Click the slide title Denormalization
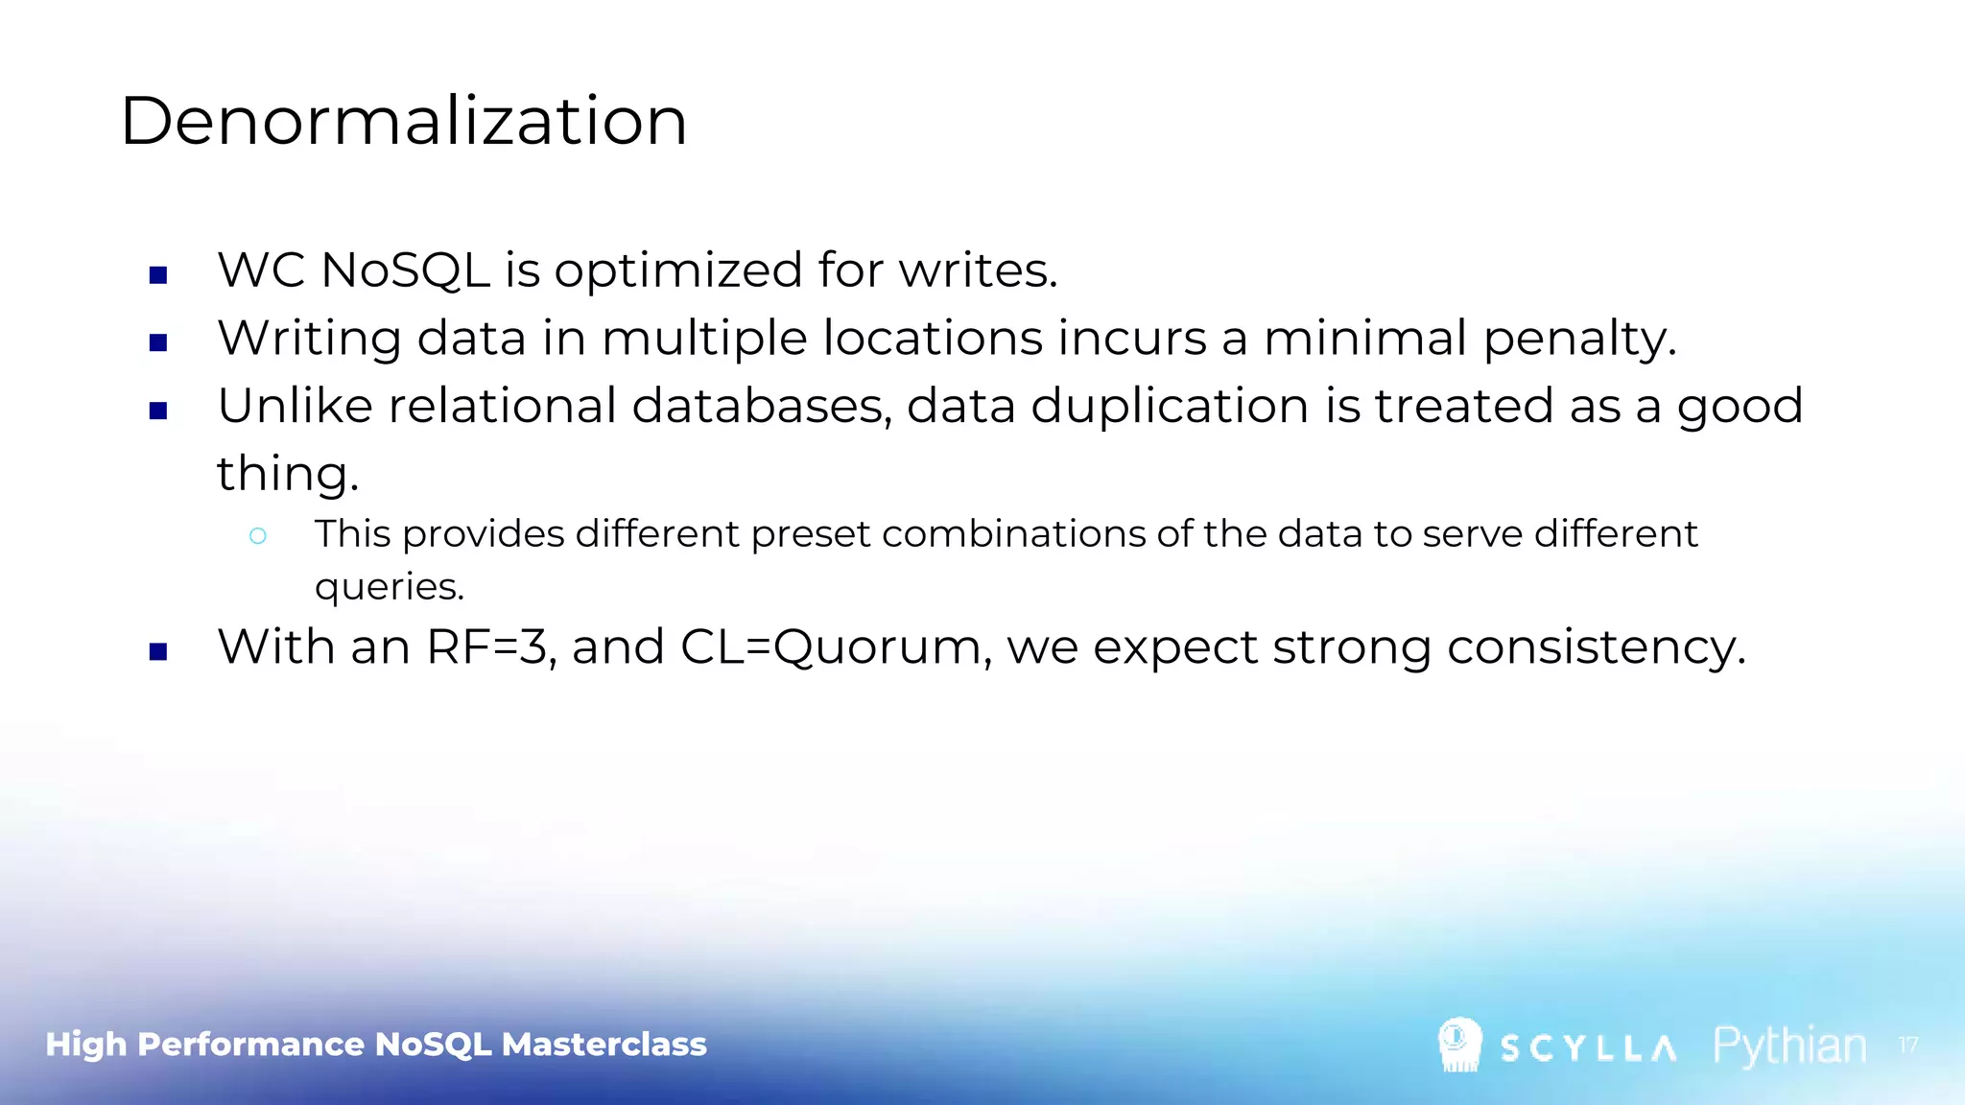point(403,122)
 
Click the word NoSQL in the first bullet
point(405,270)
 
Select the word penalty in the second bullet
point(1579,339)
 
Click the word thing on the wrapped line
point(287,474)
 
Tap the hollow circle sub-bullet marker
point(257,536)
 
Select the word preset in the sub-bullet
point(811,534)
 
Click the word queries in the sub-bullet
point(389,587)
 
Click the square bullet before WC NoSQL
point(158,275)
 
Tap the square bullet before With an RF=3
point(158,652)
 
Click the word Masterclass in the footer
point(604,1044)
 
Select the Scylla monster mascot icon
point(1459,1045)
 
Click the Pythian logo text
point(1789,1046)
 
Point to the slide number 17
point(1907,1045)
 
